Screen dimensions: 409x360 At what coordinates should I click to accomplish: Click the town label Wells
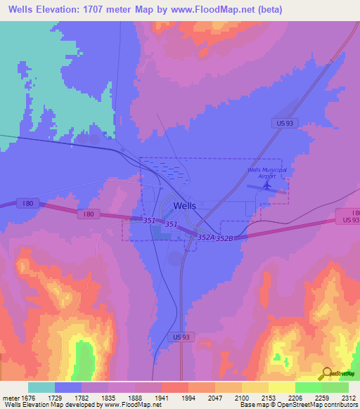point(184,206)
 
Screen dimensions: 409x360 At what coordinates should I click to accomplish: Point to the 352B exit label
point(224,239)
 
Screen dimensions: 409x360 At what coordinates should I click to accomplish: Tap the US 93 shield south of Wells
point(181,337)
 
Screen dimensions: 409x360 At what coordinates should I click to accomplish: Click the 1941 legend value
point(161,398)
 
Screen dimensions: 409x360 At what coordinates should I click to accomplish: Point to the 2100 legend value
point(242,398)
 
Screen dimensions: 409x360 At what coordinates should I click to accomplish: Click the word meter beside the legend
point(11,398)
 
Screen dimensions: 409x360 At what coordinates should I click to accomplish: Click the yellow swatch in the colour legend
point(281,387)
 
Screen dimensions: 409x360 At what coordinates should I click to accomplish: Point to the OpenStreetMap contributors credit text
point(324,405)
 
